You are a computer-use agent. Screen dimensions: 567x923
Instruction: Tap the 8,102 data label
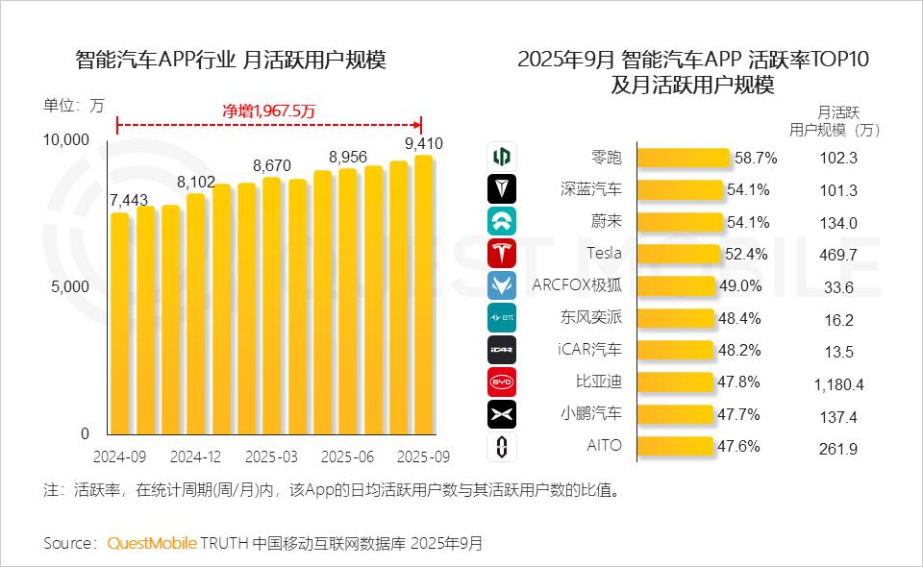click(196, 182)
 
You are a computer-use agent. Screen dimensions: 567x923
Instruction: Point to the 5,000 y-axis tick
click(70, 286)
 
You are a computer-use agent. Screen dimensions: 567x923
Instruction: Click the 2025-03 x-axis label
click(271, 456)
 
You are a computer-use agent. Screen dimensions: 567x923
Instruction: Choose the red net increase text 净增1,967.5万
click(269, 111)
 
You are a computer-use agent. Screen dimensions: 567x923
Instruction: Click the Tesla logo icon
click(502, 254)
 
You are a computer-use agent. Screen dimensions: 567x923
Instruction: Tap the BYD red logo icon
click(502, 382)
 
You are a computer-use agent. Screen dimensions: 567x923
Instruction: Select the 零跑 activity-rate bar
click(684, 158)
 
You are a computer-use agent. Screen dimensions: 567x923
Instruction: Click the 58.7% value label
click(756, 158)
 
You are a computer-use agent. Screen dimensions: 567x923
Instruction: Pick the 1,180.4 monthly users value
click(838, 384)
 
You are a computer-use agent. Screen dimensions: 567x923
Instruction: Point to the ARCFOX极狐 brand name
click(577, 285)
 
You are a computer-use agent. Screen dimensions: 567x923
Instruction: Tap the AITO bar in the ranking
click(677, 446)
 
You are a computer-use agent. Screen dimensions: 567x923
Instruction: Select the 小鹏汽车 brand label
click(591, 414)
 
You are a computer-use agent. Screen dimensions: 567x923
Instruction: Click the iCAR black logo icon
click(502, 350)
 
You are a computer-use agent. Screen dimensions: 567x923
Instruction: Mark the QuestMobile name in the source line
click(152, 543)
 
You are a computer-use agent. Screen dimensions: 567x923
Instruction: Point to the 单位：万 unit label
click(73, 106)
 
